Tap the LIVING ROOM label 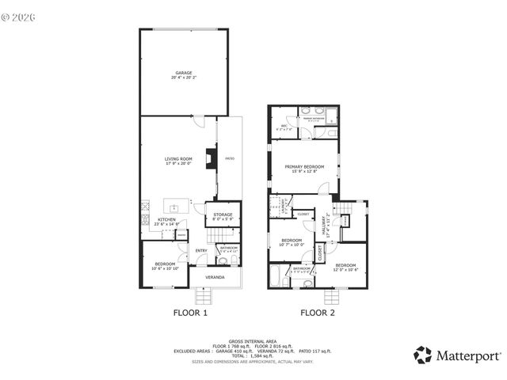coord(178,159)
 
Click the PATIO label coord(230,158)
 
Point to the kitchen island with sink coord(176,207)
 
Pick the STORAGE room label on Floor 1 coord(223,215)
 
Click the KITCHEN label coord(166,219)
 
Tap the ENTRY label coord(201,251)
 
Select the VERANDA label coord(215,277)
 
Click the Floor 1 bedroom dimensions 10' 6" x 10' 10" coord(165,268)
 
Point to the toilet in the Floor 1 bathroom coord(223,260)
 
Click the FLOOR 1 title coord(190,313)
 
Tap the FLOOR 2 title coord(317,313)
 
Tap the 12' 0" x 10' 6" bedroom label coord(346,266)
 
